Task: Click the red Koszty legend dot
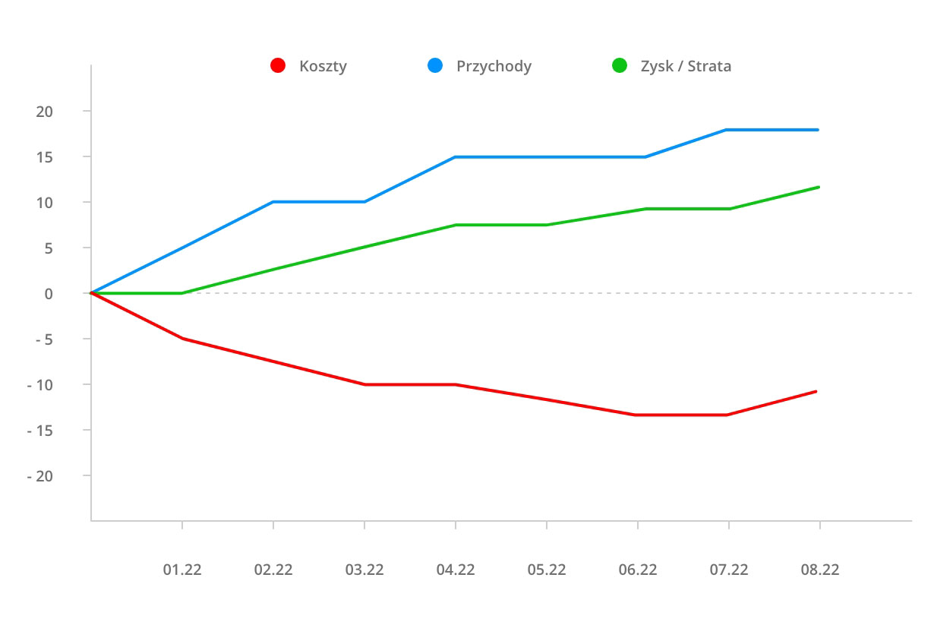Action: click(x=278, y=66)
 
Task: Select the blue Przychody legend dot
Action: click(x=435, y=66)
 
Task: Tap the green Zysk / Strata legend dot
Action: click(x=620, y=66)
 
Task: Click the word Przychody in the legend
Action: click(x=494, y=66)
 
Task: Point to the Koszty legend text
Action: click(x=323, y=66)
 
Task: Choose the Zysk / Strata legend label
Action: click(x=686, y=66)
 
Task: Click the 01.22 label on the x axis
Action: click(x=182, y=570)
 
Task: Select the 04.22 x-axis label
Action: click(x=456, y=570)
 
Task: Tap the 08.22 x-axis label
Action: click(x=820, y=570)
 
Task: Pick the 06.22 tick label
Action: click(x=638, y=570)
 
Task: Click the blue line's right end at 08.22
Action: click(x=818, y=130)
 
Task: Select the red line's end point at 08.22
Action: click(x=816, y=391)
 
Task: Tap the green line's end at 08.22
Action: click(x=819, y=187)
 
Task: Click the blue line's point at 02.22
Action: click(x=273, y=202)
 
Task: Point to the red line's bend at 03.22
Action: click(x=364, y=384)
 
